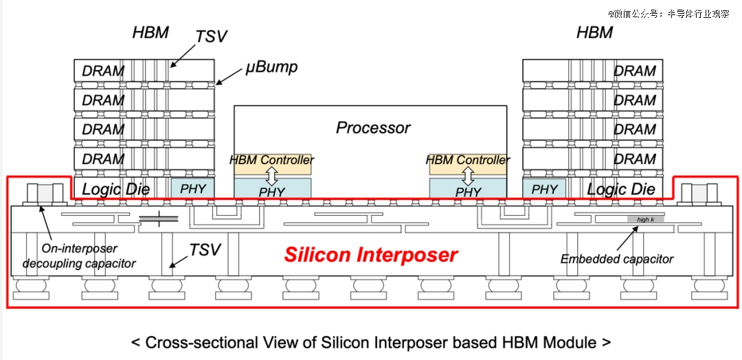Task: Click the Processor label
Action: click(x=373, y=128)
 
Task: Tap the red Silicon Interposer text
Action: click(x=371, y=255)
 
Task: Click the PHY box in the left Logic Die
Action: click(x=193, y=188)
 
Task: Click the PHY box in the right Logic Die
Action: click(x=545, y=188)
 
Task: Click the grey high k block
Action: click(x=645, y=219)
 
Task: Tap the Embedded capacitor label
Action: click(x=616, y=259)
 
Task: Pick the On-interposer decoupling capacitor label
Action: click(x=78, y=256)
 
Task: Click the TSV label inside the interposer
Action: click(x=205, y=249)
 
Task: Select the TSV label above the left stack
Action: click(x=210, y=36)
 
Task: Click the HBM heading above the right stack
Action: click(x=594, y=32)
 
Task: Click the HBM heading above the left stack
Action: click(x=150, y=32)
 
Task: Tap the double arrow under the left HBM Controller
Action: click(x=272, y=176)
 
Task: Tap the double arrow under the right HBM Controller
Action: click(x=469, y=176)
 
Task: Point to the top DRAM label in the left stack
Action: click(x=103, y=71)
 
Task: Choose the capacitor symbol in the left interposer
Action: click(x=159, y=219)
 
